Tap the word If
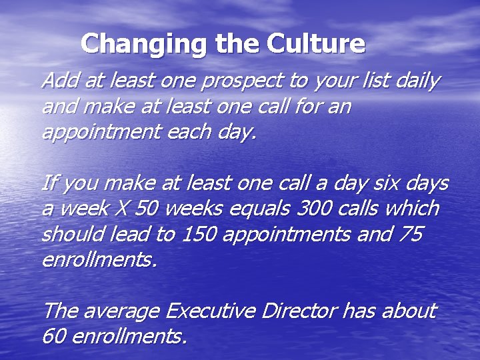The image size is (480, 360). [49, 182]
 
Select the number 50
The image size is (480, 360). [147, 208]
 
